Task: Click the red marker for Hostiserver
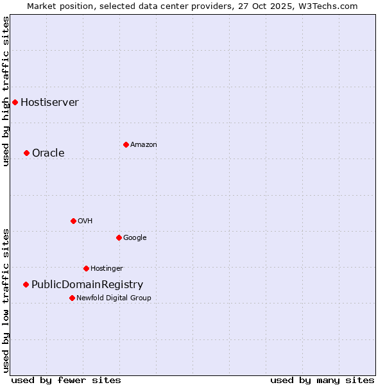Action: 15,102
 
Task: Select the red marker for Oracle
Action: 26,153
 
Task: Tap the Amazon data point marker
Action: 126,144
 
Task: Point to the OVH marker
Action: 73,221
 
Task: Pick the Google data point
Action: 119,237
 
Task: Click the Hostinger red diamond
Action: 86,268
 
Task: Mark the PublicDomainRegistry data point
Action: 26,284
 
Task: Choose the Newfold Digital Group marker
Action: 72,298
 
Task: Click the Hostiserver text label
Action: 49,102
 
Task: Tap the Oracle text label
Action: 48,153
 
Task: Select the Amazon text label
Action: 144,144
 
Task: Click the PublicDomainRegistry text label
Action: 87,284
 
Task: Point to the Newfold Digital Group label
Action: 114,298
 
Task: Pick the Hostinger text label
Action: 107,268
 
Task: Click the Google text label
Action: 135,237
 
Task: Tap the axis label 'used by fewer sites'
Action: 66,380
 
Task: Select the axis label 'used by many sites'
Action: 322,380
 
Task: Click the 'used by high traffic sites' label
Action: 6,91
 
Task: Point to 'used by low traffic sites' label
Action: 6,300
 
